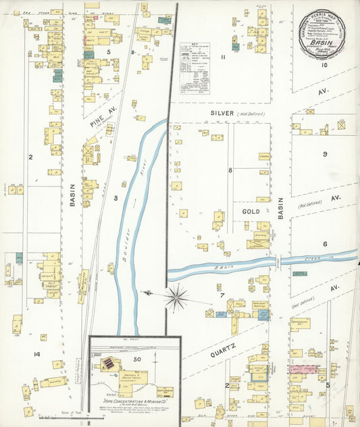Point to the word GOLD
click(x=251, y=211)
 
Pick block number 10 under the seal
click(x=324, y=65)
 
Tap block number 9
click(x=325, y=155)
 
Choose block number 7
click(x=220, y=296)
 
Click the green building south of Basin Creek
click(x=262, y=314)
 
